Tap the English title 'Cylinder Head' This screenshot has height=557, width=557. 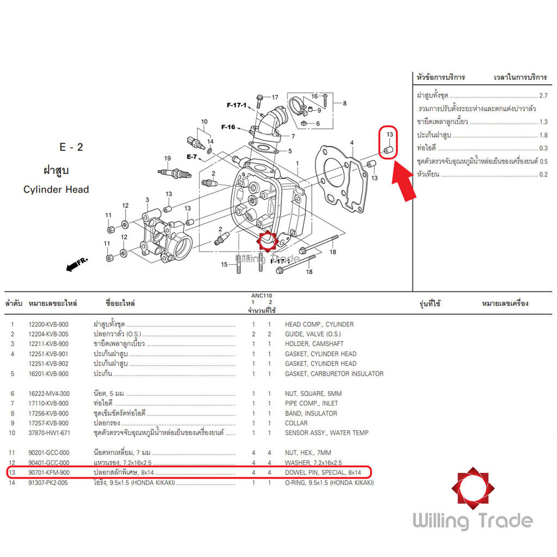click(x=56, y=190)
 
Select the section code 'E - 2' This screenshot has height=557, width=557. click(x=71, y=147)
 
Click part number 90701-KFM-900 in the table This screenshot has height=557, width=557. click(x=48, y=473)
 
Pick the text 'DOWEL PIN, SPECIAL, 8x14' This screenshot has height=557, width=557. click(x=323, y=473)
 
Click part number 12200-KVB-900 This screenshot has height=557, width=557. click(x=48, y=324)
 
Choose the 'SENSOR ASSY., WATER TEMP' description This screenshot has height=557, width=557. click(x=326, y=433)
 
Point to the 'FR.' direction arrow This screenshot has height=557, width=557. click(x=77, y=265)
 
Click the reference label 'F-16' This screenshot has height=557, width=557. click(x=228, y=127)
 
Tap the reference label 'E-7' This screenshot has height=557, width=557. click(x=191, y=157)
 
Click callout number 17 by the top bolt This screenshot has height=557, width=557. click(x=274, y=97)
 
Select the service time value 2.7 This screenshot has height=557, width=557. click(x=543, y=95)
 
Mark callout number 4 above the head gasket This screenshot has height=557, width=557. click(x=352, y=143)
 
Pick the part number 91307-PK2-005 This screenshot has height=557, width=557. click(x=48, y=482)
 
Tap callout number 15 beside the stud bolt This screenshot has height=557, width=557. click(x=224, y=265)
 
